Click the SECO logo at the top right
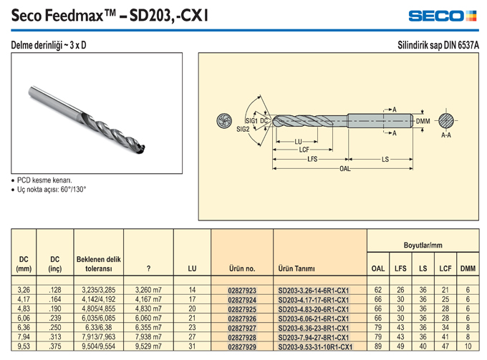coord(443,16)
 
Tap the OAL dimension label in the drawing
coord(344,169)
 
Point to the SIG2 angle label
coord(243,129)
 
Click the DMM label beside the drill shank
coord(423,121)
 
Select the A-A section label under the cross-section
coord(446,135)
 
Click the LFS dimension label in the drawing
coord(312,159)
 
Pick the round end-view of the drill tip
coord(224,120)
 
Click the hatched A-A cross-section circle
coord(446,121)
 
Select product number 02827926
coord(242,318)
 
